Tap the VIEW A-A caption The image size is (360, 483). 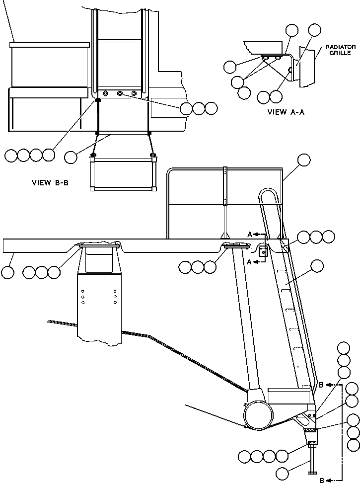pos(286,112)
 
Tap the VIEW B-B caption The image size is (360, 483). pos(50,183)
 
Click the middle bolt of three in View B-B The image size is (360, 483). pos(119,93)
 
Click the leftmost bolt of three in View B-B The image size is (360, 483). pos(105,93)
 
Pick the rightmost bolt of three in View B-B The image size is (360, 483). pos(134,93)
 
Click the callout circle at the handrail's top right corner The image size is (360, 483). pos(303,160)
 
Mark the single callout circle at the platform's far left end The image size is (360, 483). pos(8,272)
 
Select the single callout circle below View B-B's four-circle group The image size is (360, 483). pos(71,157)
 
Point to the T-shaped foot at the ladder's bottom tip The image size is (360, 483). pos(312,472)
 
